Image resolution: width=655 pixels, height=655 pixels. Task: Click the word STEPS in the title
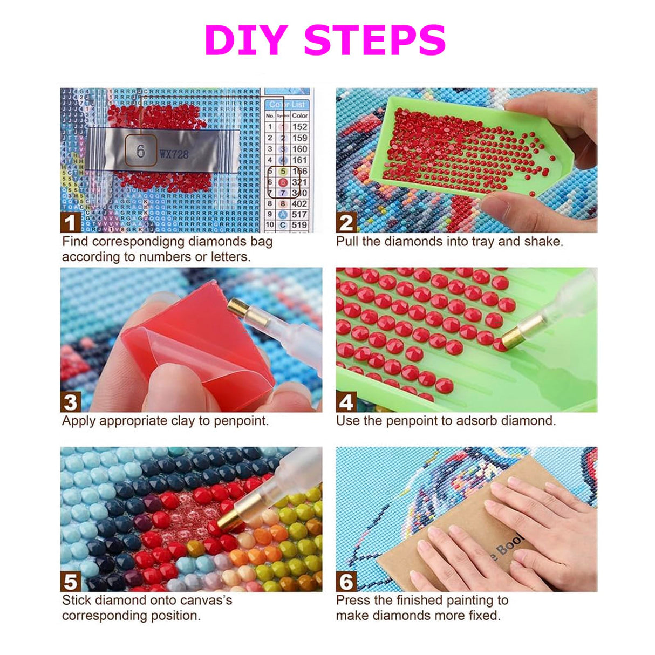pos(374,41)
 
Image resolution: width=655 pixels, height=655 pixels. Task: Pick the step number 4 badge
pos(346,402)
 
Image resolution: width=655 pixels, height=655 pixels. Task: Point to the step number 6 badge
pos(346,582)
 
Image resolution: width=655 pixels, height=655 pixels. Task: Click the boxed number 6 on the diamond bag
pos(141,151)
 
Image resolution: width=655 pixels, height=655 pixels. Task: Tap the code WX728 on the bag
pos(174,154)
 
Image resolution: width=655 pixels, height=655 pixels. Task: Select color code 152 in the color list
pos(299,127)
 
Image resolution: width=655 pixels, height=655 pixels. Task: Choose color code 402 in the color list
pos(299,204)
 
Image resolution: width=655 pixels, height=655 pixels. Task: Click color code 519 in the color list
pos(299,224)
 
